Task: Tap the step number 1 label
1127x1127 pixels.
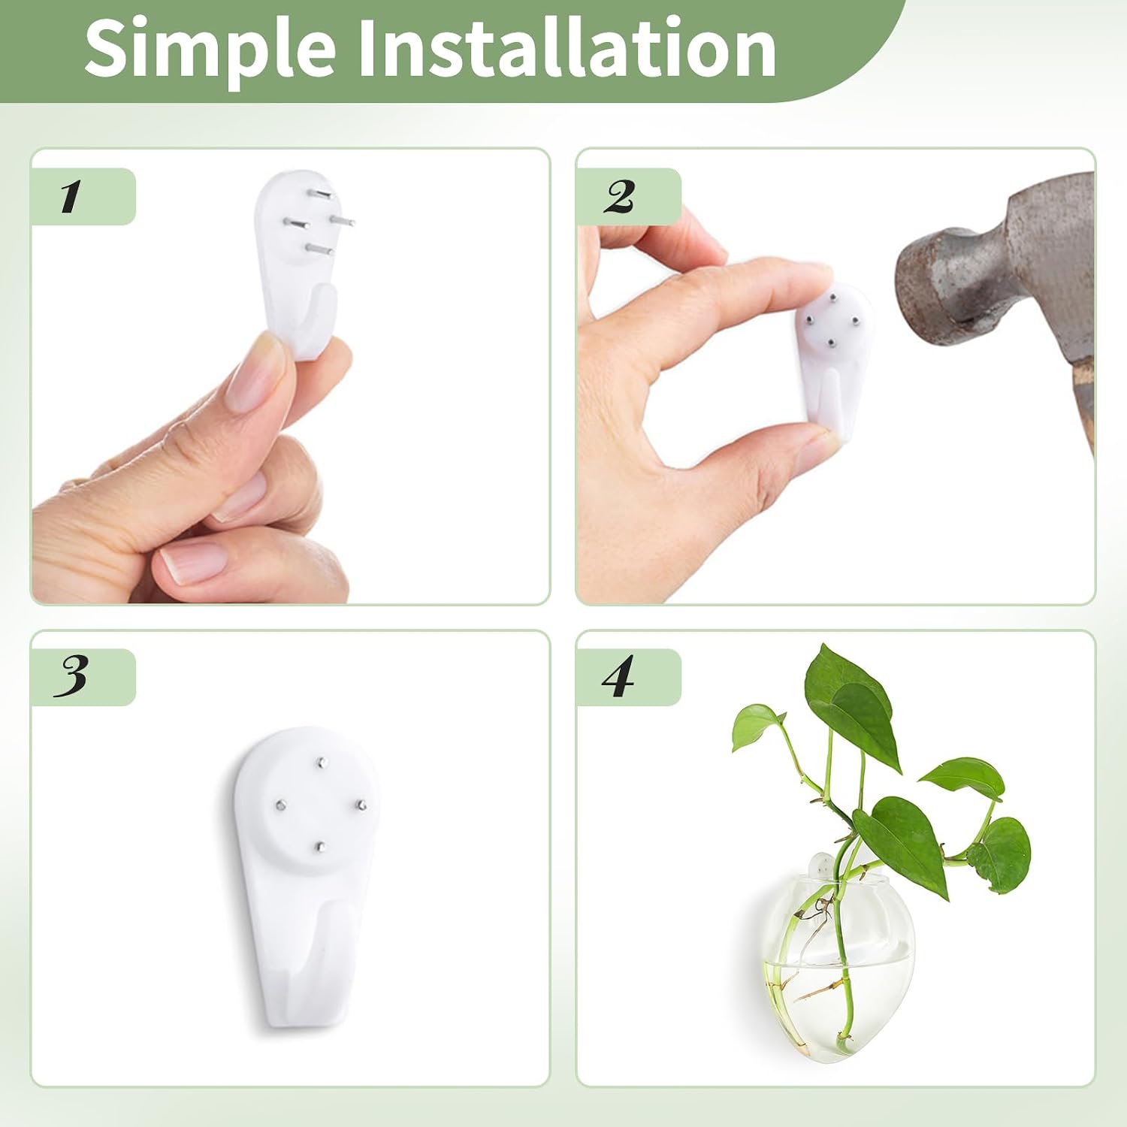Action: coord(70,197)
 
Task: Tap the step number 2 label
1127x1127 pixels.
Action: coord(618,197)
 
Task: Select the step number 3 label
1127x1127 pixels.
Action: coord(71,676)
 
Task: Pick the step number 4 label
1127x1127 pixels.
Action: coord(618,676)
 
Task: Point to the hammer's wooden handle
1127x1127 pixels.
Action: coord(1082,406)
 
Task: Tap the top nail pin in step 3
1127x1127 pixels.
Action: coord(320,763)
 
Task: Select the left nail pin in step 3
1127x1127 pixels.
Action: coord(279,805)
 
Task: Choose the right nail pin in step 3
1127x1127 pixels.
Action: coord(361,807)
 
